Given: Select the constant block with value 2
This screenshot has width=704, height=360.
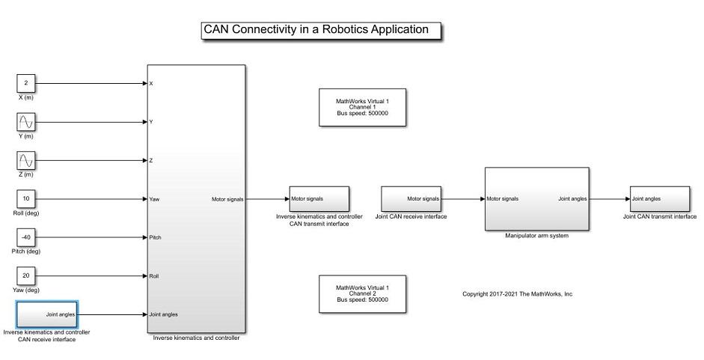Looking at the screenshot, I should pos(26,83).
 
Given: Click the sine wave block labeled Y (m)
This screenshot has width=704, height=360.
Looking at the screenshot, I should pos(26,122).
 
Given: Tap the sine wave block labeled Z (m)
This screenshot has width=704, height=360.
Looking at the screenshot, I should pos(26,161).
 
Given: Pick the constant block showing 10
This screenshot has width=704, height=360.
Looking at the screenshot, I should pos(26,199).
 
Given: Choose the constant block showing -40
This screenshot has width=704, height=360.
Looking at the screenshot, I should pos(26,237).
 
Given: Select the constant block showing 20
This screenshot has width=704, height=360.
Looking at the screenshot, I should pos(26,276).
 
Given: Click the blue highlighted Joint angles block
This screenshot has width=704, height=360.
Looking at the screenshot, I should pos(47,314).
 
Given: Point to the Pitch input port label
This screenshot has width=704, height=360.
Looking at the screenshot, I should pos(156,237).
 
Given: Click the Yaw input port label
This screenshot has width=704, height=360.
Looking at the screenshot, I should pos(155,199).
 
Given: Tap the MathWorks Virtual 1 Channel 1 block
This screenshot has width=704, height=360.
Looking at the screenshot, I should pos(363,106).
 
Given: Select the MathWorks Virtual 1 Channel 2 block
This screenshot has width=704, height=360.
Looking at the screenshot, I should pos(363,293).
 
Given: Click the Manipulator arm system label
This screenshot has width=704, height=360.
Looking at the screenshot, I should pos(536,236).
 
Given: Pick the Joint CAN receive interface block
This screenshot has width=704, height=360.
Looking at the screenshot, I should pos(411,199).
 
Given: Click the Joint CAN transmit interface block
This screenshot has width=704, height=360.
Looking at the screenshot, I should pos(659,199).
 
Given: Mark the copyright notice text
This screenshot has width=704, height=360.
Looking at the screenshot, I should pos(517,294).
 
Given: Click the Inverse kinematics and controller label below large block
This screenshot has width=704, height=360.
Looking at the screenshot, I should pos(196,338).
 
